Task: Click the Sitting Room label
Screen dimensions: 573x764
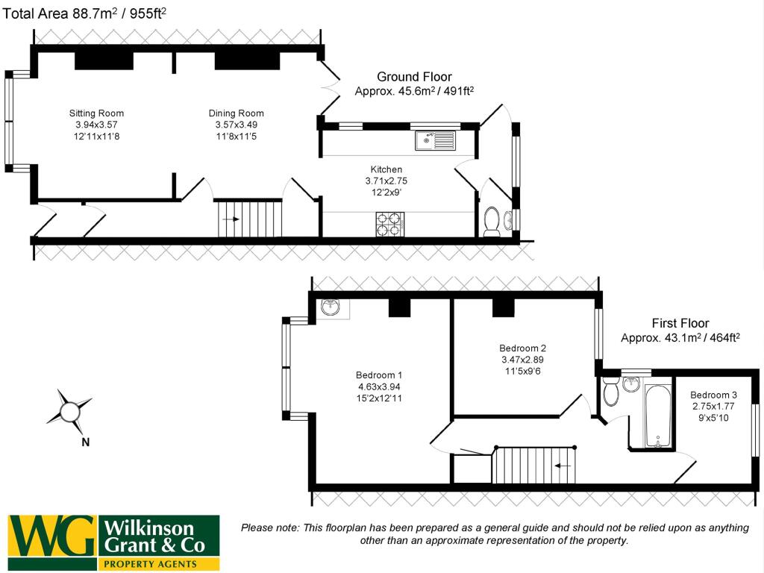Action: click(93, 113)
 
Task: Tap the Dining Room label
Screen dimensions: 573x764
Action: click(236, 113)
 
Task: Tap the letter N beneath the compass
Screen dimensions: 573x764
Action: click(85, 442)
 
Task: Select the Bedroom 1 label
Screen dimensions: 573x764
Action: click(379, 375)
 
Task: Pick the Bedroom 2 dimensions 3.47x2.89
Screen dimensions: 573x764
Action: click(523, 360)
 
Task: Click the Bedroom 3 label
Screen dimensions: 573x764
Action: click(713, 395)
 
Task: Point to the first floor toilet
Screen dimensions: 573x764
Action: click(611, 392)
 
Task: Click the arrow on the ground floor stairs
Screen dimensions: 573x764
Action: click(231, 219)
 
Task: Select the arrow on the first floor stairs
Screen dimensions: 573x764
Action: click(563, 466)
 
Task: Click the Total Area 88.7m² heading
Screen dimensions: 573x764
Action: click(86, 12)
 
